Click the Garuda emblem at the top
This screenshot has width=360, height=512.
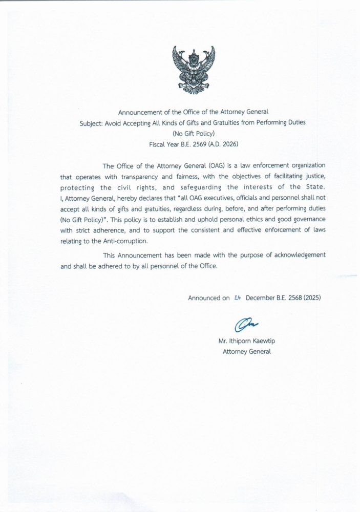pyautogui.click(x=194, y=71)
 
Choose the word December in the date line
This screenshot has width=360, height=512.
pyautogui.click(x=261, y=297)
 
